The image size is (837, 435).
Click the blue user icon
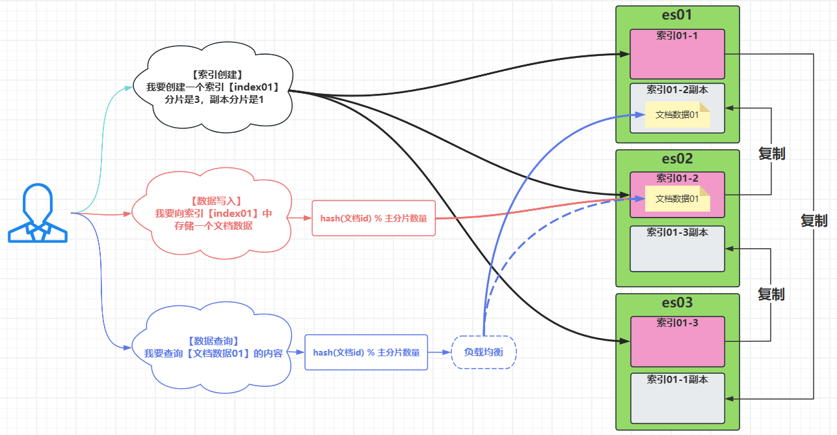point(37,213)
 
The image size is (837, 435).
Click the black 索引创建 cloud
point(213,87)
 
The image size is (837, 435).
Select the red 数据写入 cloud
point(212,213)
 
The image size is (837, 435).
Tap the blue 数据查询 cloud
point(212,348)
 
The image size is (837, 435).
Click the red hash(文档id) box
point(374,218)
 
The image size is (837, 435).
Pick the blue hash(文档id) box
point(366,352)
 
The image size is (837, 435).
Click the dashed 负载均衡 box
point(484,352)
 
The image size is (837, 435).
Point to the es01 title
point(677,15)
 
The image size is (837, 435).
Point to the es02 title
point(677,159)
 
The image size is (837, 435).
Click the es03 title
point(677,302)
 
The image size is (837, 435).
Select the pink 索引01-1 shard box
point(677,54)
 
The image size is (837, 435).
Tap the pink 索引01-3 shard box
point(678,341)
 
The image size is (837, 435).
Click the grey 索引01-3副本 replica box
point(677,249)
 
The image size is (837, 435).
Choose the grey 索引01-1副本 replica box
point(678,399)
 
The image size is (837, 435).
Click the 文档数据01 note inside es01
point(678,115)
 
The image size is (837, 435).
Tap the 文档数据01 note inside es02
point(678,199)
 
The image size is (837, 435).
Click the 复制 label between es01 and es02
point(771,154)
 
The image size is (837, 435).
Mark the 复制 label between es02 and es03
point(771,294)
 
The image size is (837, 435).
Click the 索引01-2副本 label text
point(677,90)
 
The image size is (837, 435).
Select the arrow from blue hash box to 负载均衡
point(440,352)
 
